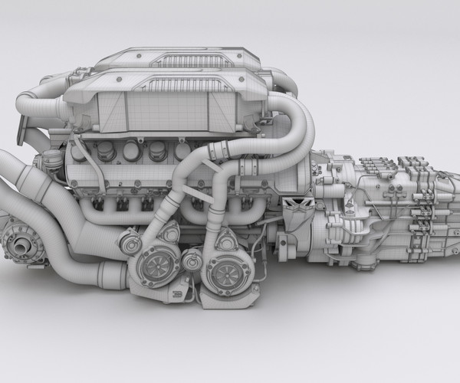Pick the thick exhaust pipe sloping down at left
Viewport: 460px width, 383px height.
point(46,211)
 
